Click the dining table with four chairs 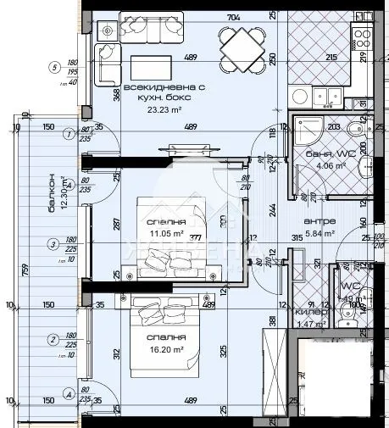[x=240, y=47]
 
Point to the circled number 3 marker [x=54, y=246]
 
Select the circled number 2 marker [x=54, y=340]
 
